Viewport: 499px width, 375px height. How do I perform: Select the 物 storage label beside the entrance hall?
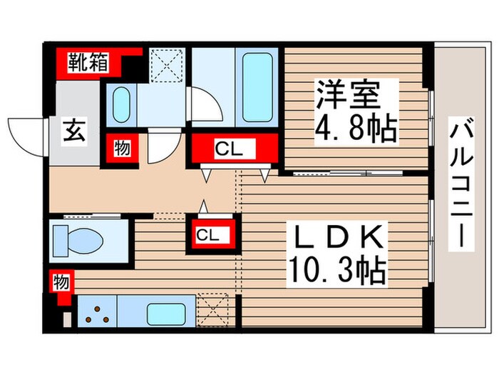click(121, 149)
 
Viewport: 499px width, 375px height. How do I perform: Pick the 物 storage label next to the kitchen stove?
click(61, 282)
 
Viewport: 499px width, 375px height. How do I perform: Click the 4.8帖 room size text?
click(355, 129)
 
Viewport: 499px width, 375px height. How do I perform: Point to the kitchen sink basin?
click(166, 313)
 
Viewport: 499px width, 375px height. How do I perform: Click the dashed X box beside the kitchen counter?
click(215, 311)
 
